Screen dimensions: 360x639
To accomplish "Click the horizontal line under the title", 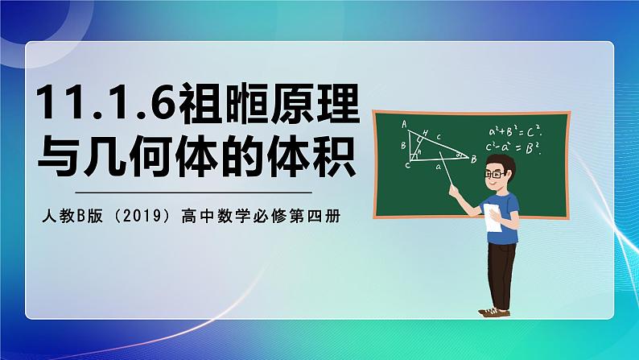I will click(193, 192).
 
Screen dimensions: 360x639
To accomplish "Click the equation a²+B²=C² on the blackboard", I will click(516, 130).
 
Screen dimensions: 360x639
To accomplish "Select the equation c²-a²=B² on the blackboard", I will click(516, 147).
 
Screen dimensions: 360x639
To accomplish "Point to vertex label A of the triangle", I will click(404, 124).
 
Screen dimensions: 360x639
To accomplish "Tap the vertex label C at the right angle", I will click(408, 164).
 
